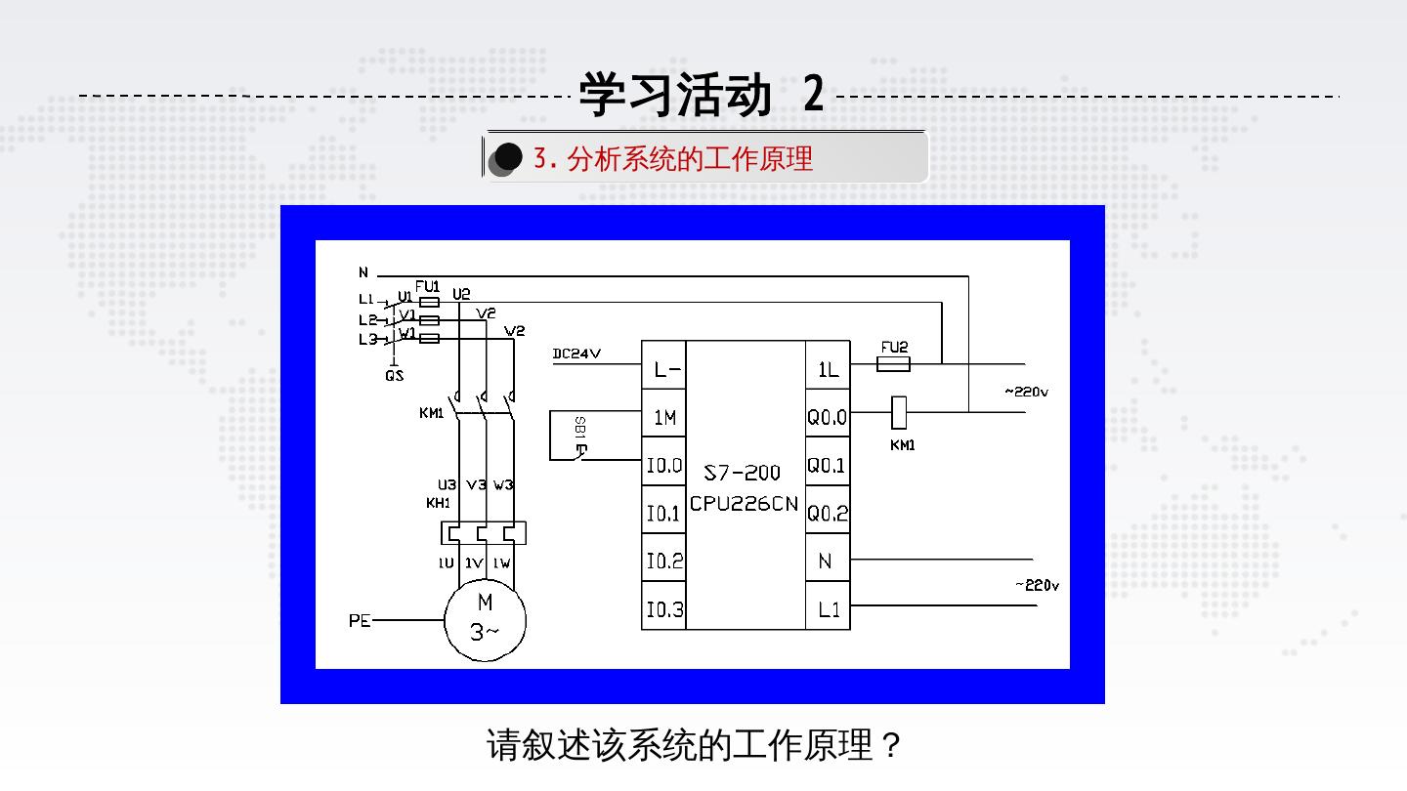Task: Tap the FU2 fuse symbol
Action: tap(894, 364)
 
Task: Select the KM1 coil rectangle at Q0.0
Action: tap(899, 412)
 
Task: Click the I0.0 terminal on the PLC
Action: tap(663, 465)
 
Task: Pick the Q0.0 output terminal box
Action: tap(827, 418)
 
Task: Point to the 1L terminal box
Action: tap(828, 370)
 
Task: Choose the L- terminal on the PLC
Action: tap(664, 370)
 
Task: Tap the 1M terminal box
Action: tap(664, 418)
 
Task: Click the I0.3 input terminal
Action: tap(663, 609)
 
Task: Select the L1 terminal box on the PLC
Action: tap(828, 609)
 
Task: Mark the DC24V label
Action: tap(576, 354)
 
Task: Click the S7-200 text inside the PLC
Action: tap(743, 473)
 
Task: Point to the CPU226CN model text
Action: tap(745, 504)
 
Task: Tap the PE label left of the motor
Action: tap(360, 620)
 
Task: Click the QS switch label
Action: tap(395, 376)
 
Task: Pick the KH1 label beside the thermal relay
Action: tap(438, 503)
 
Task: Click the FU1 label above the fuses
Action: tap(427, 286)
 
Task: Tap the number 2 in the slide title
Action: tap(814, 95)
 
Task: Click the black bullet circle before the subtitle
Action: tap(508, 156)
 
